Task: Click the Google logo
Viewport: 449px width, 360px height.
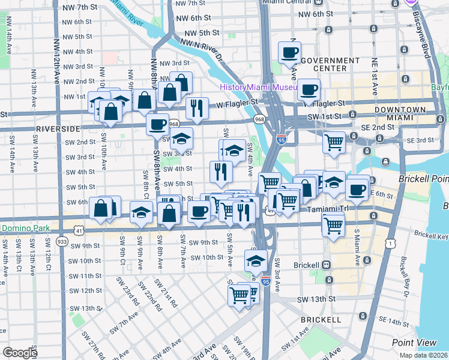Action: pos(20,353)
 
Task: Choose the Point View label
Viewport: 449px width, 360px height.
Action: pos(414,342)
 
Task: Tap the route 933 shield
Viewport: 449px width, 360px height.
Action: pos(62,241)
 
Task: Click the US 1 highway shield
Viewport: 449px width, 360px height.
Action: pos(391,242)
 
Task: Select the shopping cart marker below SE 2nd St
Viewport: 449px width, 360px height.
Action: pos(334,143)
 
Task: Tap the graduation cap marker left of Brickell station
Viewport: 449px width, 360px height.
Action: pos(255,261)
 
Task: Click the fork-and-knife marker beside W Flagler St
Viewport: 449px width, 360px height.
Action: pos(196,108)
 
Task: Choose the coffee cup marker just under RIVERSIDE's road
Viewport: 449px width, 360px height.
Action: pos(157,125)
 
